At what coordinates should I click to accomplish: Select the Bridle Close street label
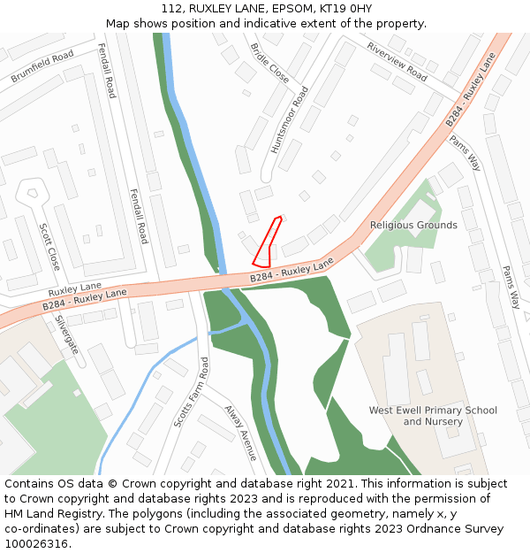click(269, 63)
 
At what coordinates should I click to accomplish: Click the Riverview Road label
click(397, 62)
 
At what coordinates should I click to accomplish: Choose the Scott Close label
click(49, 246)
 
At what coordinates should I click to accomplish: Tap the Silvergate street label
click(67, 334)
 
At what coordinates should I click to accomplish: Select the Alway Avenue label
click(240, 433)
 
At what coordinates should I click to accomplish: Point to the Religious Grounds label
click(413, 226)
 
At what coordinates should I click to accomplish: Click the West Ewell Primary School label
click(433, 411)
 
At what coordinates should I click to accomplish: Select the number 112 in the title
click(171, 9)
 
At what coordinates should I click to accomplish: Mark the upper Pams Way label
click(466, 152)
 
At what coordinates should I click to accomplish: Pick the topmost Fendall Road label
click(106, 71)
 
